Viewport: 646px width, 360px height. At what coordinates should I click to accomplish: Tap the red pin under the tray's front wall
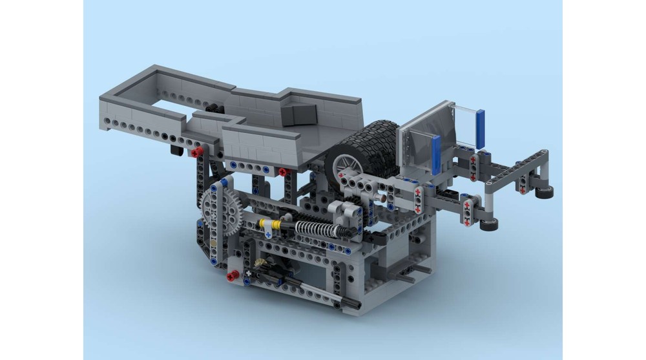pos(282,171)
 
